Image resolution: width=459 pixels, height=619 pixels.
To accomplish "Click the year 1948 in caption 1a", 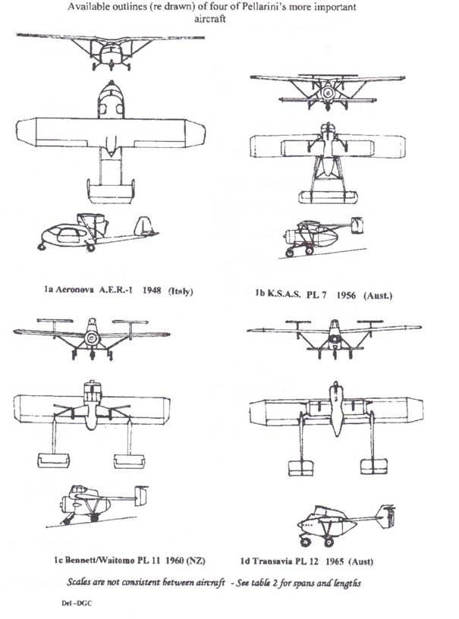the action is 152,291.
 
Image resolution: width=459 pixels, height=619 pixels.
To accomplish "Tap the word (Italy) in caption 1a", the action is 181,291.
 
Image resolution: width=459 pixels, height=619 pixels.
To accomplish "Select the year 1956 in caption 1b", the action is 346,295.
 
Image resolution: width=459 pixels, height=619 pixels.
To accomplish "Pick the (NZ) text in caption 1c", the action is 196,561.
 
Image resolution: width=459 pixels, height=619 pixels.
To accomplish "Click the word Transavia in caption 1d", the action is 273,561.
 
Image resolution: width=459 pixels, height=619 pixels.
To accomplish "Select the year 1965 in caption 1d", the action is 335,561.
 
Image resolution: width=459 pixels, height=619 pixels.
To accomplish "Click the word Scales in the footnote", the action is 78,583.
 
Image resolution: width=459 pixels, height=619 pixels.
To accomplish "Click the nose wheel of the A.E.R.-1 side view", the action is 42,247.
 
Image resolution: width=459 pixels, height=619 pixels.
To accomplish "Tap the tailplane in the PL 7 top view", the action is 328,197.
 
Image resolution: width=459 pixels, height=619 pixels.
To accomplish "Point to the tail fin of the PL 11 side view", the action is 140,496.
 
